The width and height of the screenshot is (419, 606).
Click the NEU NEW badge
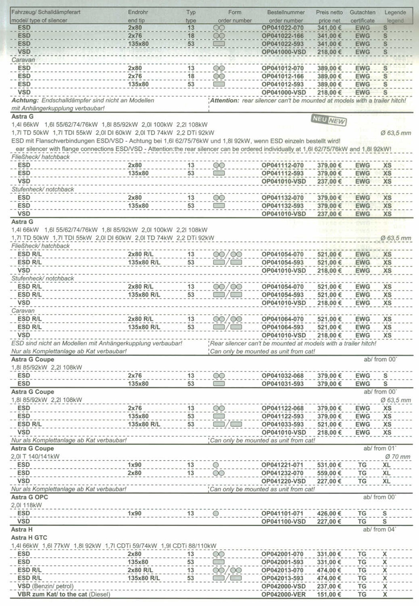pyautogui.click(x=329, y=120)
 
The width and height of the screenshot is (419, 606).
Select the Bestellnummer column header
pyautogui.click(x=286, y=12)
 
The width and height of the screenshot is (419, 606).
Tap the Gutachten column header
pyautogui.click(x=362, y=12)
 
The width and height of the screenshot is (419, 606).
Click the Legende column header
pyautogui.click(x=395, y=12)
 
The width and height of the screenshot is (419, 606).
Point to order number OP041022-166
pyautogui.click(x=283, y=36)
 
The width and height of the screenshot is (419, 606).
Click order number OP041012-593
pyautogui.click(x=283, y=84)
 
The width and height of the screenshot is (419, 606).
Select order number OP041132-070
pyautogui.click(x=283, y=198)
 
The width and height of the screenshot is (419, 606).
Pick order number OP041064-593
pyautogui.click(x=283, y=327)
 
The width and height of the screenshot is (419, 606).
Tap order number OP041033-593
pyautogui.click(x=283, y=425)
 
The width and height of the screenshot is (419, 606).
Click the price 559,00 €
pyautogui.click(x=329, y=473)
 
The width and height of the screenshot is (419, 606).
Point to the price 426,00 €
pyautogui.click(x=329, y=513)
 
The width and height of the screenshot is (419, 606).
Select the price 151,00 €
pyautogui.click(x=329, y=594)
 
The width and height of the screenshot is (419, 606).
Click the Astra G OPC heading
pyautogui.click(x=29, y=497)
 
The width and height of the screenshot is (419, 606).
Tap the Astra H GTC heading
pyautogui.click(x=29, y=538)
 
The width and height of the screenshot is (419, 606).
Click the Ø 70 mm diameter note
pyautogui.click(x=398, y=457)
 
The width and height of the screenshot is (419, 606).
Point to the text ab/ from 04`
pyautogui.click(x=379, y=529)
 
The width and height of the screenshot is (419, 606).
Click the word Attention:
pyautogui.click(x=225, y=101)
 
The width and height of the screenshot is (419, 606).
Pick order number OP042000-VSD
pyautogui.click(x=283, y=586)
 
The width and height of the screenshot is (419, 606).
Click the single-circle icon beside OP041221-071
pyautogui.click(x=216, y=465)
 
